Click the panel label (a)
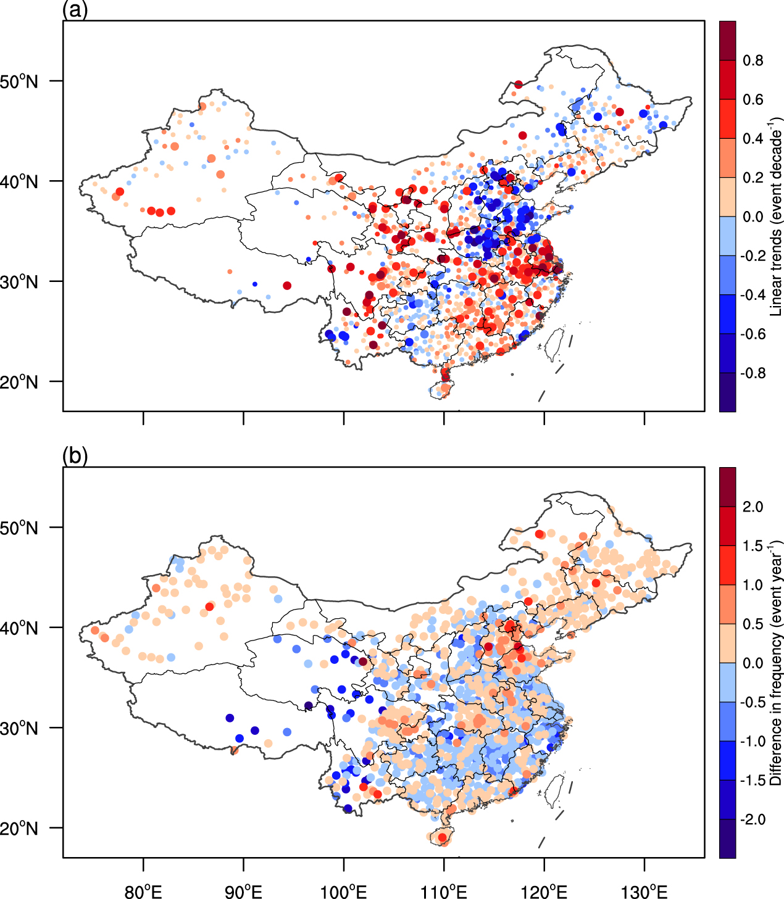point(75,10)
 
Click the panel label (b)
point(75,456)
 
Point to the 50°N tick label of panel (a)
point(19,81)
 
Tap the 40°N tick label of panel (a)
point(19,182)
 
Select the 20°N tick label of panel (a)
point(19,382)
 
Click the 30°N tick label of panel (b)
point(19,728)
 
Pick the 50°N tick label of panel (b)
point(19,528)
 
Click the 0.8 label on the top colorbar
point(753,60)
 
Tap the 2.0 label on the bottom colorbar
point(753,507)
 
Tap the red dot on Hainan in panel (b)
point(442,837)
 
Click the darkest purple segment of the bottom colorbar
point(728,839)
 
